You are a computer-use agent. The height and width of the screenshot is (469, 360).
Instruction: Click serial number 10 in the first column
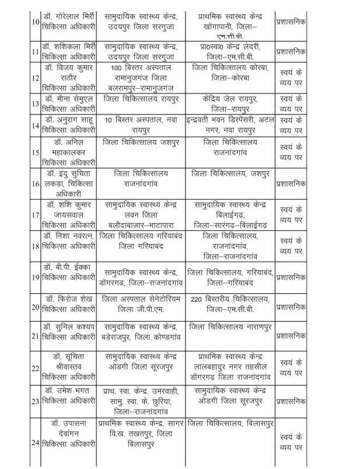coord(36,23)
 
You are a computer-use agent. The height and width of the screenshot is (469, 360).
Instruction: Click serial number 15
coord(36,153)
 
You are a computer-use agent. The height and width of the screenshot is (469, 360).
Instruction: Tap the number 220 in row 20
coord(197,299)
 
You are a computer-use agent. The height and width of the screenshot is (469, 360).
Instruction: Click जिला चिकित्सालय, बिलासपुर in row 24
coord(229,422)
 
